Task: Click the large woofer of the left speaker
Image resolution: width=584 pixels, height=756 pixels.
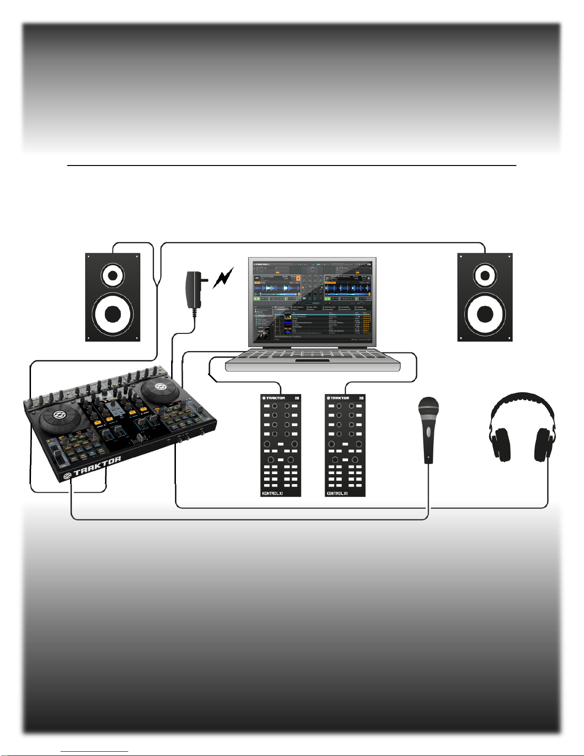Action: pyautogui.click(x=113, y=313)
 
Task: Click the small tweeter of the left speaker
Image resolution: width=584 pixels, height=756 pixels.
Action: pyautogui.click(x=113, y=275)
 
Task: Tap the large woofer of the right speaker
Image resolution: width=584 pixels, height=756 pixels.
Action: pyautogui.click(x=485, y=313)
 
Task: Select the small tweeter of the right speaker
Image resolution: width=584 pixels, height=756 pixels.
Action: pyautogui.click(x=485, y=275)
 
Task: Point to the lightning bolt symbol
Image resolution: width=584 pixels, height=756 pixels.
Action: pyautogui.click(x=223, y=278)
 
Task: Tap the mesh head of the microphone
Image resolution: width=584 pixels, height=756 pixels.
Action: pyautogui.click(x=428, y=408)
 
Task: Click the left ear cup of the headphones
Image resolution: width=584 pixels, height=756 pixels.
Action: pyautogui.click(x=500, y=444)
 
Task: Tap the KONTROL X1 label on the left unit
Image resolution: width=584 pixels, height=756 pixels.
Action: pyautogui.click(x=273, y=493)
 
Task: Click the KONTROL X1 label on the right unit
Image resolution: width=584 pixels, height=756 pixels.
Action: pyautogui.click(x=337, y=493)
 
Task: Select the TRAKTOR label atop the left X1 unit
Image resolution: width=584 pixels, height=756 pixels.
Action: pyautogui.click(x=274, y=398)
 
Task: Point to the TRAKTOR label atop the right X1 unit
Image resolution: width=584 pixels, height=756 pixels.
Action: pyautogui.click(x=338, y=398)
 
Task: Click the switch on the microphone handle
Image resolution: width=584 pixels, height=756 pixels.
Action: pyautogui.click(x=428, y=432)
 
